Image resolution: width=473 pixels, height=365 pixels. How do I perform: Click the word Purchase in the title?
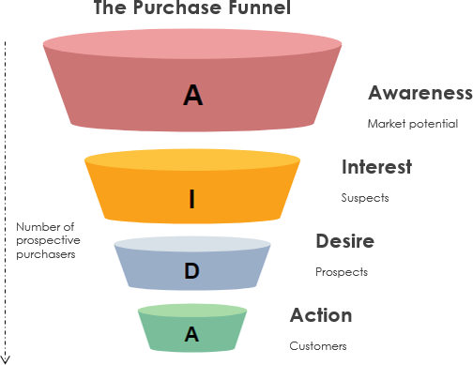point(175,8)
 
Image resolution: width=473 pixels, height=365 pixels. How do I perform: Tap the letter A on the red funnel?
point(193,95)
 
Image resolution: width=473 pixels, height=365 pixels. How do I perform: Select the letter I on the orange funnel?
point(192,198)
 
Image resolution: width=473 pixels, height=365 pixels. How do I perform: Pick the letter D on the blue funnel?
point(191,271)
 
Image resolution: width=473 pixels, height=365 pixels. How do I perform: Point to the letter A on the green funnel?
point(191,332)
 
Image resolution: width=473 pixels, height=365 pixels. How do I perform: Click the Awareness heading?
point(420,93)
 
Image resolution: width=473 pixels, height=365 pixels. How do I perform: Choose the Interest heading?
point(376,167)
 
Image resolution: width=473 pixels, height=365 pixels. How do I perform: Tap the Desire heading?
point(345,241)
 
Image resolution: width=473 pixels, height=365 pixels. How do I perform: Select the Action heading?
point(321,315)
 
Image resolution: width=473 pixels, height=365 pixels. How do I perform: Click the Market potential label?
point(412,123)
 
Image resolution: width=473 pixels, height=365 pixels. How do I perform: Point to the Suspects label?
point(364,198)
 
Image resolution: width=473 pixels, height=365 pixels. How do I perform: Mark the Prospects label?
point(342,272)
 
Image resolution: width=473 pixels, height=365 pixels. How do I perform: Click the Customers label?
point(318,345)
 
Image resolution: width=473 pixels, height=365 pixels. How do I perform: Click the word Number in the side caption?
point(35,227)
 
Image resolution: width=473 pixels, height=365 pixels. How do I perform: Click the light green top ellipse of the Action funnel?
point(192,310)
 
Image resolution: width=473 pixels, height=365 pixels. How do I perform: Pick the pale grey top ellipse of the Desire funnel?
point(192,245)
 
